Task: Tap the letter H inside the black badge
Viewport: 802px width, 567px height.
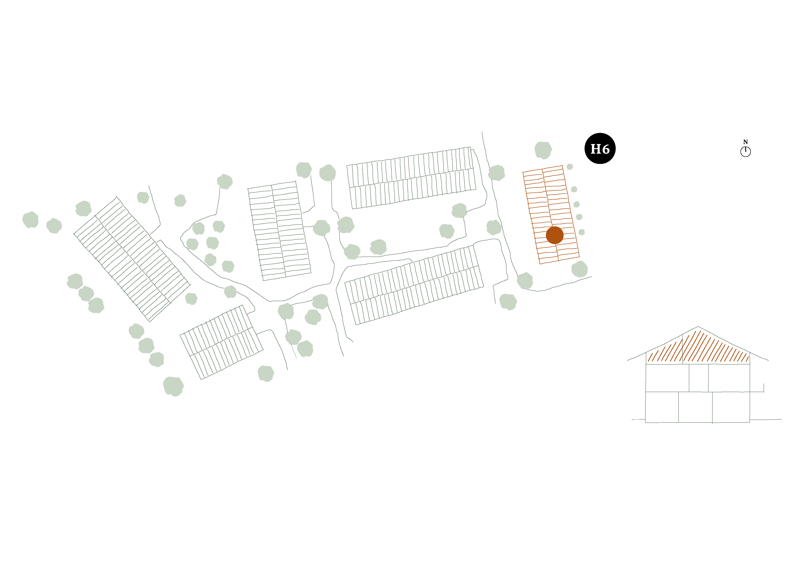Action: click(x=595, y=149)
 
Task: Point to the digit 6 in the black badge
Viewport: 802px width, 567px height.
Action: click(x=606, y=149)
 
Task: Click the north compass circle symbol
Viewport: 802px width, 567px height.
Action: click(x=745, y=152)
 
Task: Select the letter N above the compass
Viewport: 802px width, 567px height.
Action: click(x=745, y=142)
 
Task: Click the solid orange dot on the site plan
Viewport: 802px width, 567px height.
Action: click(x=555, y=235)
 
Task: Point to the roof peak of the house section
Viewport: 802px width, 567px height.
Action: click(x=698, y=327)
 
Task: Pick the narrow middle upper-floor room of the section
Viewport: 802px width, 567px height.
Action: click(x=699, y=378)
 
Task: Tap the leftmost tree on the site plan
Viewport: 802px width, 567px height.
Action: click(x=30, y=220)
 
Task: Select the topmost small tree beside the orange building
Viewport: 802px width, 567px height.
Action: click(x=570, y=167)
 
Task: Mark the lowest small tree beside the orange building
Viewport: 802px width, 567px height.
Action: click(x=582, y=232)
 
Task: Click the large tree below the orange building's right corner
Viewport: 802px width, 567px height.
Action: click(x=580, y=269)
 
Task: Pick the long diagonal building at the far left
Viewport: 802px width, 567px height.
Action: click(x=132, y=259)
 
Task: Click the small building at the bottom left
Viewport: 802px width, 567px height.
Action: click(x=222, y=342)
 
